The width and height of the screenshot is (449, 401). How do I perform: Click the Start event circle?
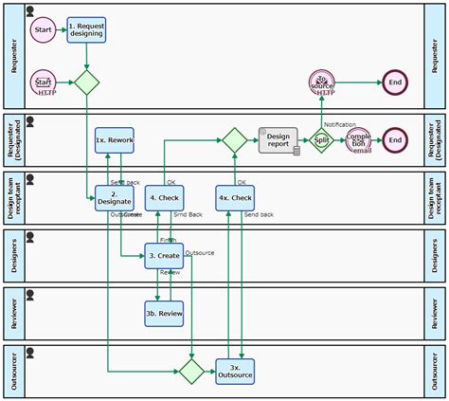[44, 30]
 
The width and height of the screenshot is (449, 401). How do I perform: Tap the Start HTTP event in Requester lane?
[44, 82]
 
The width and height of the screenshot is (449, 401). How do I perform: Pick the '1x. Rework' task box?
[114, 140]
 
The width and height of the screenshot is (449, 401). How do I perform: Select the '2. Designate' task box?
[114, 197]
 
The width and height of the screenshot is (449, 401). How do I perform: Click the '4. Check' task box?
[165, 197]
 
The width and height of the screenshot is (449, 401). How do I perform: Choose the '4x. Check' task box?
[235, 197]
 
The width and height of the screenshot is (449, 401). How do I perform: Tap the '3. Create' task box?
[164, 255]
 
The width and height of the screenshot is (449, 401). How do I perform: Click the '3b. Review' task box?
[164, 312]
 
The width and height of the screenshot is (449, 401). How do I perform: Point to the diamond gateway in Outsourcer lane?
[191, 370]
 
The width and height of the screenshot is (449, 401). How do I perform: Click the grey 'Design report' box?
[278, 140]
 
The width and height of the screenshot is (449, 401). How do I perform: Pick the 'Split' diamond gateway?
[322, 140]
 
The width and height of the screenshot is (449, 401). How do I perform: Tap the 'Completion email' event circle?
[359, 140]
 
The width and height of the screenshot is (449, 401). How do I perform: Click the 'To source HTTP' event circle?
[322, 82]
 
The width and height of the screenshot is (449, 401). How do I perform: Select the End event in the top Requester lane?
[395, 82]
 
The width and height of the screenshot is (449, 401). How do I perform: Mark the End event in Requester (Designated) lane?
[395, 140]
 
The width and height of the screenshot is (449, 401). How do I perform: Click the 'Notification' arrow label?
[339, 124]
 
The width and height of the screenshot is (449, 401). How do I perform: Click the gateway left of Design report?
[234, 140]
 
